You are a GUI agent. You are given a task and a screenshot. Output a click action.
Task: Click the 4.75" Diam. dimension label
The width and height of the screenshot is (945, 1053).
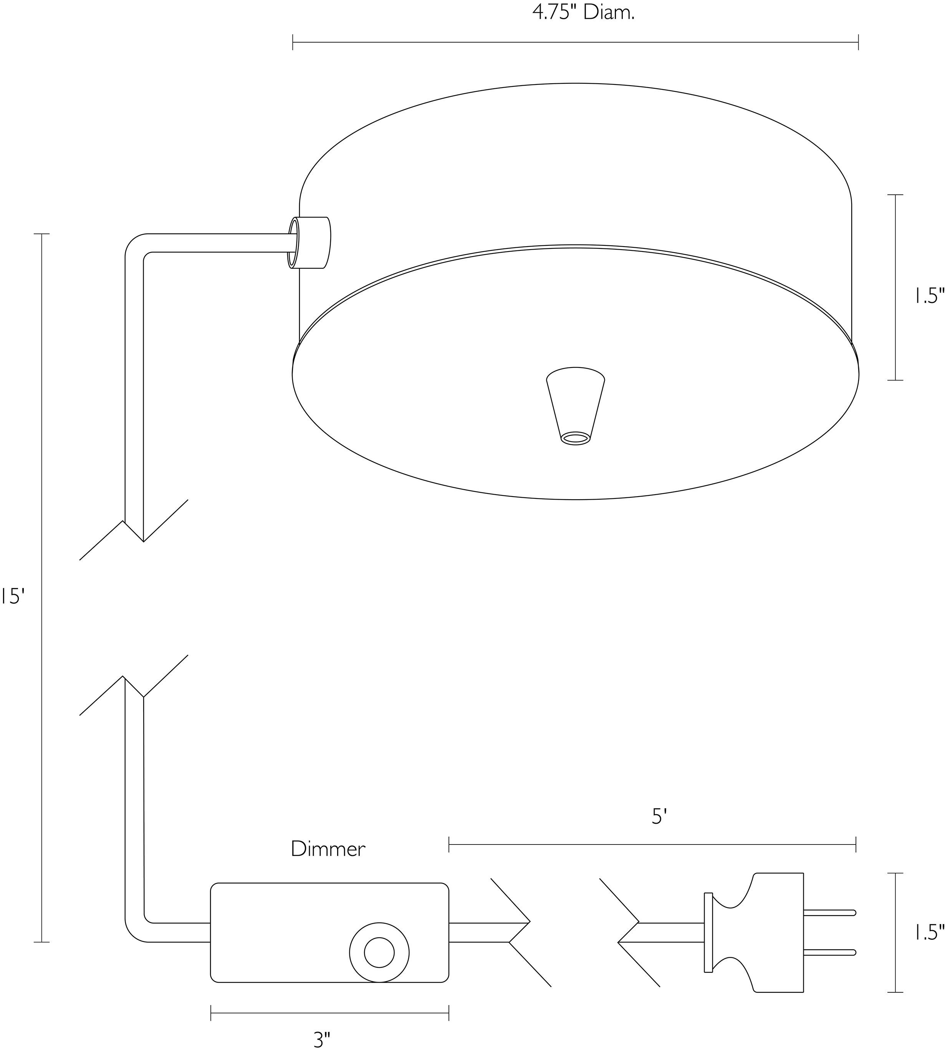[584, 12]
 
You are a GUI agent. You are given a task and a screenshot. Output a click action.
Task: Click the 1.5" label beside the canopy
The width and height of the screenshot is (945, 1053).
[929, 296]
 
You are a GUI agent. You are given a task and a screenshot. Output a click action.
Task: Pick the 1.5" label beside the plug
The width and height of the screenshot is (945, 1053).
[929, 934]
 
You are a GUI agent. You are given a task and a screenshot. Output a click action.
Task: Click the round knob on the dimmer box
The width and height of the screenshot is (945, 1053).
[379, 953]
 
